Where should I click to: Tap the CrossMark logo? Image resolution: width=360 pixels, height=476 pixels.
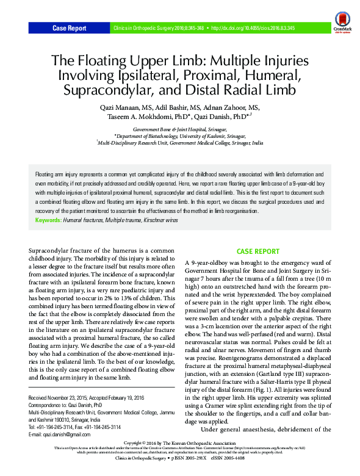pos(342,28)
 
